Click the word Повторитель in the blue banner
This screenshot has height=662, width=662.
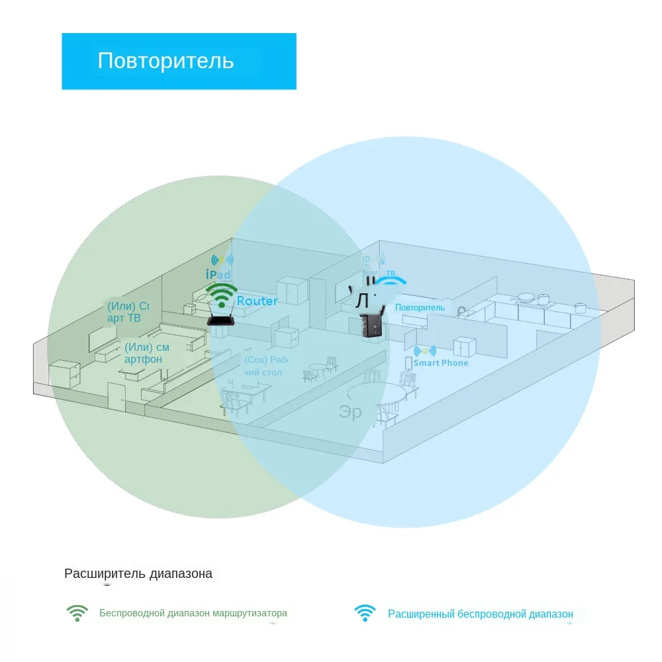tap(165, 61)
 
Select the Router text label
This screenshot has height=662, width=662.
tap(257, 301)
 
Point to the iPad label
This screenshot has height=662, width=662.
tap(218, 274)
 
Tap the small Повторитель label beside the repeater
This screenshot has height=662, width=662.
tap(420, 308)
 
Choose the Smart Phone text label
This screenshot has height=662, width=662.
tap(440, 363)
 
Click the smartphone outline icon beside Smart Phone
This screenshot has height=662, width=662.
tap(408, 363)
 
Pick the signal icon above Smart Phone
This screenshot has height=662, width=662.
tap(424, 350)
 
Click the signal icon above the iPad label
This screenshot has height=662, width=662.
tap(222, 260)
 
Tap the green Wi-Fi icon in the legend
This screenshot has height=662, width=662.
tap(77, 613)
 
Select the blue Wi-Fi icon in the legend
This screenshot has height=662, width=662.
tap(365, 613)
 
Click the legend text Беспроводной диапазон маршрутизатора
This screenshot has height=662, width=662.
tap(193, 613)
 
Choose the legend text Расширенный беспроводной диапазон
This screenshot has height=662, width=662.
tap(480, 614)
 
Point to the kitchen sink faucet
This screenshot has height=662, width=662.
tap(461, 310)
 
